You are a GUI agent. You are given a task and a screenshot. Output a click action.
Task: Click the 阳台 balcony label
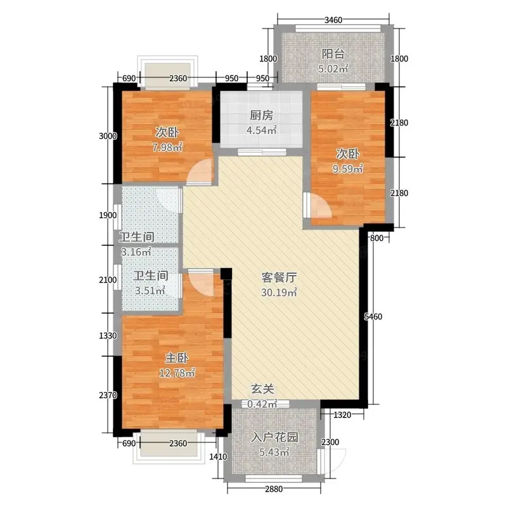[x=333, y=54]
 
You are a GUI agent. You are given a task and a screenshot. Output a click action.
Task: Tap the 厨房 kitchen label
[x=261, y=115]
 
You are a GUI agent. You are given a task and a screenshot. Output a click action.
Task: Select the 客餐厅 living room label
[x=279, y=278]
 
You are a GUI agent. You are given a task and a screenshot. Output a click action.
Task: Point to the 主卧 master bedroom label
[x=177, y=358]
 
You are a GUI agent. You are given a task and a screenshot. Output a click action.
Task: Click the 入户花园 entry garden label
[x=274, y=437]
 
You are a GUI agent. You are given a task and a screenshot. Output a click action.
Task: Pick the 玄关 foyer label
[x=262, y=389]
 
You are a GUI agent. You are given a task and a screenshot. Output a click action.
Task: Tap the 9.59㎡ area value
[x=347, y=169]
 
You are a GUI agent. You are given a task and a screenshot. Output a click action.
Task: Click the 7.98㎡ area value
[x=167, y=148]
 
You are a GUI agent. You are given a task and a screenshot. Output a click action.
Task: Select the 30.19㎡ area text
[x=279, y=292]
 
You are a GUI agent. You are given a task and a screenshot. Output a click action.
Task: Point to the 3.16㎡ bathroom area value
[x=136, y=252]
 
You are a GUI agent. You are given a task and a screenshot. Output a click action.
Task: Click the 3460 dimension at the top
[x=333, y=20]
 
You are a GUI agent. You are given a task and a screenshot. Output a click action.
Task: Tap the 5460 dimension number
[x=373, y=316]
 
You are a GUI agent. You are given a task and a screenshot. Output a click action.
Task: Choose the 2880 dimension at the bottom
[x=274, y=489]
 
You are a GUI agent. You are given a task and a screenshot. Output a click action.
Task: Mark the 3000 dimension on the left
[x=108, y=136]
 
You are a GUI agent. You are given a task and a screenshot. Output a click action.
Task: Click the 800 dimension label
[x=376, y=238]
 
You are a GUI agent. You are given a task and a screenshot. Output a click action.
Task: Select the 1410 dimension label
[x=218, y=456]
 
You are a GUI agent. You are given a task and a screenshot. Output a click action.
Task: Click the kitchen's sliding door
[x=262, y=151]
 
